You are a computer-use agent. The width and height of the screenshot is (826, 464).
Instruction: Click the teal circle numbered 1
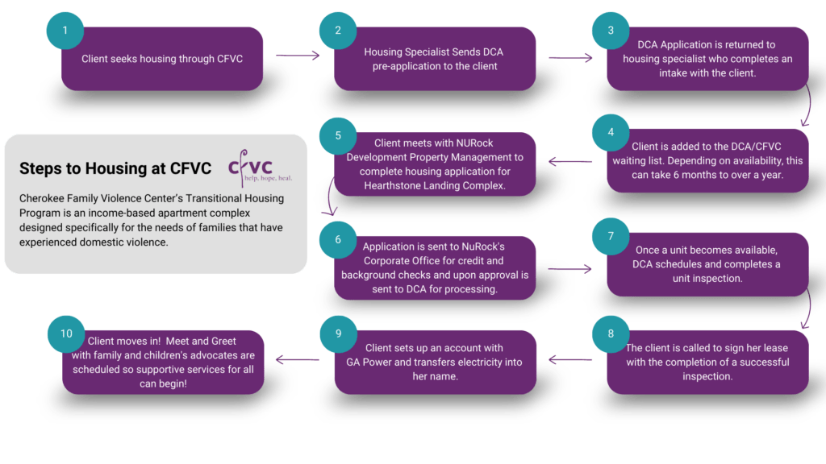(x=65, y=31)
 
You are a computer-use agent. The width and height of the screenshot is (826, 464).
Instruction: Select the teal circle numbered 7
(x=611, y=238)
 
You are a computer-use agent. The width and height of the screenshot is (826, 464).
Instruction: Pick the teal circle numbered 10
(x=67, y=333)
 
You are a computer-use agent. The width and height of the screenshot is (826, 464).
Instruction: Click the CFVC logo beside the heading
(x=251, y=167)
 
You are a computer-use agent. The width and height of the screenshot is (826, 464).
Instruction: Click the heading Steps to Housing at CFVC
(x=115, y=168)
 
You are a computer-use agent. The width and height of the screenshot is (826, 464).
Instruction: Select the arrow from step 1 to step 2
(x=298, y=56)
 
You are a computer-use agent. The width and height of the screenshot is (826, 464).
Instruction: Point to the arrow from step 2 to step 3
(x=570, y=57)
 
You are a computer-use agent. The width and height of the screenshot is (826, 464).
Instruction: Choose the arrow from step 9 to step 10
(x=298, y=360)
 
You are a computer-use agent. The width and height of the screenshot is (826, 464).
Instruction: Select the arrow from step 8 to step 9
(x=570, y=360)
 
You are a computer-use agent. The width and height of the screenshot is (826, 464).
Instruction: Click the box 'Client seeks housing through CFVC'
(x=162, y=59)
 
